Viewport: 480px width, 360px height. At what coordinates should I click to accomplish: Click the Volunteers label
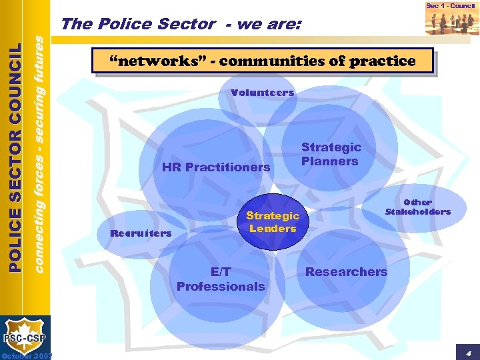click(262, 93)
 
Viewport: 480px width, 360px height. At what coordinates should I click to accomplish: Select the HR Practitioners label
click(216, 167)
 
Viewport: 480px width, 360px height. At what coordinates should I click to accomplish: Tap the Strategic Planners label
click(331, 154)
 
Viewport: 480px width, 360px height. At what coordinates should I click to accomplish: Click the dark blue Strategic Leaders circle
click(273, 222)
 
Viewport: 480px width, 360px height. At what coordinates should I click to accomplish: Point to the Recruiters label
click(141, 233)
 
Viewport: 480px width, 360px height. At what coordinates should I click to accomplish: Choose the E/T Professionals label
click(221, 279)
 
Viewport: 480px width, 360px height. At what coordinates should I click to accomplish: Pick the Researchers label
click(346, 271)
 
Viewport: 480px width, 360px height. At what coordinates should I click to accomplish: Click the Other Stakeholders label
click(418, 207)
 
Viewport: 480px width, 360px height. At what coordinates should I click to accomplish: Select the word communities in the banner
click(273, 61)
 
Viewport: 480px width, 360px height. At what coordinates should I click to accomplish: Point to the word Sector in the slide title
click(187, 25)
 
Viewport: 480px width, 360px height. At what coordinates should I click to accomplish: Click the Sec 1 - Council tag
click(451, 6)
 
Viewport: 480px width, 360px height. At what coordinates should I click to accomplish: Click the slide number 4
click(468, 352)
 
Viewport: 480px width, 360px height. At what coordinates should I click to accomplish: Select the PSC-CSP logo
click(25, 337)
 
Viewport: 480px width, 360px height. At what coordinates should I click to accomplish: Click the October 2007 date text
click(26, 355)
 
